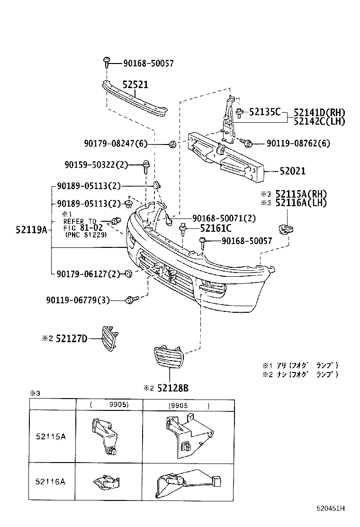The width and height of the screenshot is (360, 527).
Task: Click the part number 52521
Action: pos(135,85)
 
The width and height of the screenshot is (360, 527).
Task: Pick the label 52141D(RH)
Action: pos(319,112)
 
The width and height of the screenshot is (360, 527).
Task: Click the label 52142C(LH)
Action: pos(319,121)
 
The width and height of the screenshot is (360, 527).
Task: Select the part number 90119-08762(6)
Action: pos(297,142)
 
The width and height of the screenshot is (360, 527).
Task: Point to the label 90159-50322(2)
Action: pos(96,164)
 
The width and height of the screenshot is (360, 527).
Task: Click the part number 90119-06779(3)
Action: pos(78,300)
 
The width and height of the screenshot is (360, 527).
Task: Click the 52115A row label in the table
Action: pos(50,436)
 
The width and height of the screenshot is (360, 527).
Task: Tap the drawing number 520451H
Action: pos(331,509)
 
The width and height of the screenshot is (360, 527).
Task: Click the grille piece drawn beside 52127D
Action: pos(108,338)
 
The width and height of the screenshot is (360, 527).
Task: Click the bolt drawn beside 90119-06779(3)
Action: pos(131,300)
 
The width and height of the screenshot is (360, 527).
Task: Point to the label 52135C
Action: pos(265,112)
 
